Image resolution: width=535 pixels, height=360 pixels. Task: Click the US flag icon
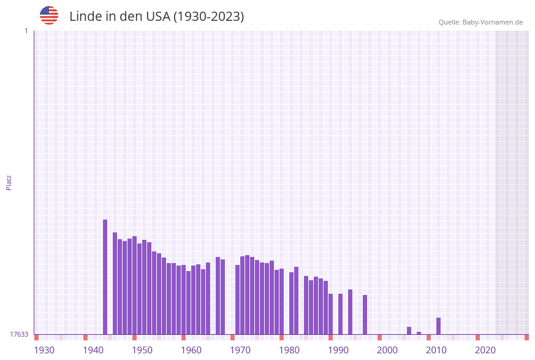(x=49, y=15)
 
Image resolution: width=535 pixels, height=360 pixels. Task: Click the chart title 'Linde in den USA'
(x=156, y=17)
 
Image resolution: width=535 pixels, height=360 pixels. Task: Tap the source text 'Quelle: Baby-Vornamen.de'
(x=480, y=22)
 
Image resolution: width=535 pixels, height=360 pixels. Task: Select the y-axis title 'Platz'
(x=9, y=182)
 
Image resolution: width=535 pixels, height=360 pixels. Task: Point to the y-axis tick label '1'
(x=26, y=31)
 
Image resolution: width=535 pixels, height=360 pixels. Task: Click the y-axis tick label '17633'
(x=19, y=334)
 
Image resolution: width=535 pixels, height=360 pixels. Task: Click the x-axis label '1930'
(x=44, y=350)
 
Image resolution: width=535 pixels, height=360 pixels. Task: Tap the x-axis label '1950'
(x=142, y=350)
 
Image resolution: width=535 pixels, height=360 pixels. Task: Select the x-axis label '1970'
(x=240, y=350)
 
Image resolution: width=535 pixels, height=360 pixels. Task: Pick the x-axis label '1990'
(x=338, y=350)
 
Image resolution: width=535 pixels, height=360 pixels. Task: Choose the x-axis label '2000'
(x=387, y=350)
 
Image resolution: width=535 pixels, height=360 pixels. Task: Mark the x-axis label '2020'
(x=485, y=350)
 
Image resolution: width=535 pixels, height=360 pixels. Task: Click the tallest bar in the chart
(x=105, y=276)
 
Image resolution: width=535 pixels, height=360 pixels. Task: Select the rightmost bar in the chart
(x=438, y=326)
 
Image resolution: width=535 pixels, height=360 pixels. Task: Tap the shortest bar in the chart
(x=419, y=333)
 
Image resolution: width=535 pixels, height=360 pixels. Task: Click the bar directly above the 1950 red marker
(x=134, y=285)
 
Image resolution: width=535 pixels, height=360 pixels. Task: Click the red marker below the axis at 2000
(x=379, y=337)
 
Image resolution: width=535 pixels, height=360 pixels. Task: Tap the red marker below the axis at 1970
(x=232, y=337)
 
